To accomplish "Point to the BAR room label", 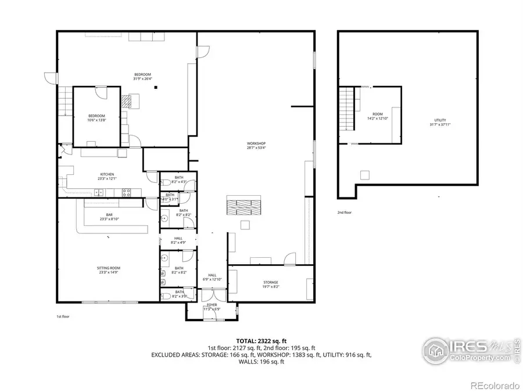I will click(108, 217).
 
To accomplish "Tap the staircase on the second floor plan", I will click(346, 109).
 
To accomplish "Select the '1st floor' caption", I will click(63, 317).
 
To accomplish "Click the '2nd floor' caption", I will click(345, 213).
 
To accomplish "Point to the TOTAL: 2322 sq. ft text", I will click(261, 341).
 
